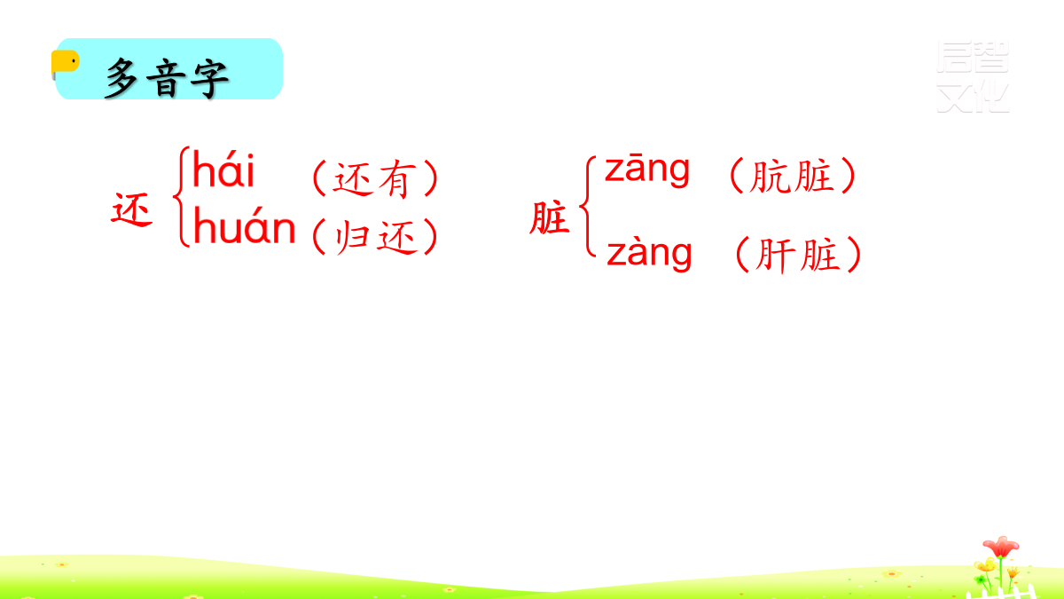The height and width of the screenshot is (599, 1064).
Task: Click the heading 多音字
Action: pos(168,78)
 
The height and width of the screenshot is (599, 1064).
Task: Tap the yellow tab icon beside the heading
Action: pos(65,63)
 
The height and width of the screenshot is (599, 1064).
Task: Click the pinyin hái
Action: pos(223,169)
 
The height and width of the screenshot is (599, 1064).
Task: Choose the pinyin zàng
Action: pos(649,253)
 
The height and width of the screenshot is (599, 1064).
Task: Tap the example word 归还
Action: pos(375,236)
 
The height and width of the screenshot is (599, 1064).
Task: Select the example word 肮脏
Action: pos(792,176)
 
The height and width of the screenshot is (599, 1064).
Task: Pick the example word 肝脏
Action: pos(796,256)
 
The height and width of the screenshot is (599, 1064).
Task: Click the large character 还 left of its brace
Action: pos(131,209)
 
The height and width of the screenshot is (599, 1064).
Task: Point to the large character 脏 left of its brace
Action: pos(550,217)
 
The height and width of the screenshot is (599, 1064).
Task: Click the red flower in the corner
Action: pos(1001,548)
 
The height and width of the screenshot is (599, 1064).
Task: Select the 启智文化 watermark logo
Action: pos(973,77)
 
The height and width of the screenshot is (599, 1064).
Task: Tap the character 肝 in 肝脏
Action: pos(775,256)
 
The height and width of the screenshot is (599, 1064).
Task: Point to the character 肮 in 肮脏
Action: pos(770,176)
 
